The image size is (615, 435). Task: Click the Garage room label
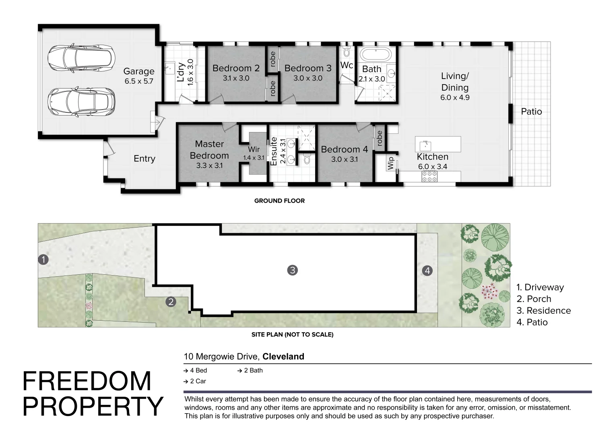(138, 71)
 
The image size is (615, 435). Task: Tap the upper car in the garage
(81, 58)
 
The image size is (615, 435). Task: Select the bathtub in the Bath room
(376, 55)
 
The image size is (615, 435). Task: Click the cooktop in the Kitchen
(429, 176)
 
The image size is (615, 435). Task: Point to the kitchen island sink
(425, 145)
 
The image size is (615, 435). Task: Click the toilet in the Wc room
(347, 51)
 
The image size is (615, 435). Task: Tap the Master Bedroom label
(209, 150)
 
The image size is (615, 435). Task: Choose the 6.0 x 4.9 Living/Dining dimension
(455, 97)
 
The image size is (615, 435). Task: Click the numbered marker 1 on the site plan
(43, 259)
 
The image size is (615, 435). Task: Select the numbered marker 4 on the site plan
(427, 271)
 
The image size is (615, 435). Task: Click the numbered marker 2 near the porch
(171, 302)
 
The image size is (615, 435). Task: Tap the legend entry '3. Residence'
(544, 311)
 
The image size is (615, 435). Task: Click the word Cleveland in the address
(283, 356)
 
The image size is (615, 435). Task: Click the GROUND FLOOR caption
(279, 201)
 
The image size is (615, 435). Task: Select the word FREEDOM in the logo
(87, 381)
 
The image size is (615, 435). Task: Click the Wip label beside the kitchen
(391, 163)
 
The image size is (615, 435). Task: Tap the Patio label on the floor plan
(532, 112)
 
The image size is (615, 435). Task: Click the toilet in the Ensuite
(307, 159)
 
